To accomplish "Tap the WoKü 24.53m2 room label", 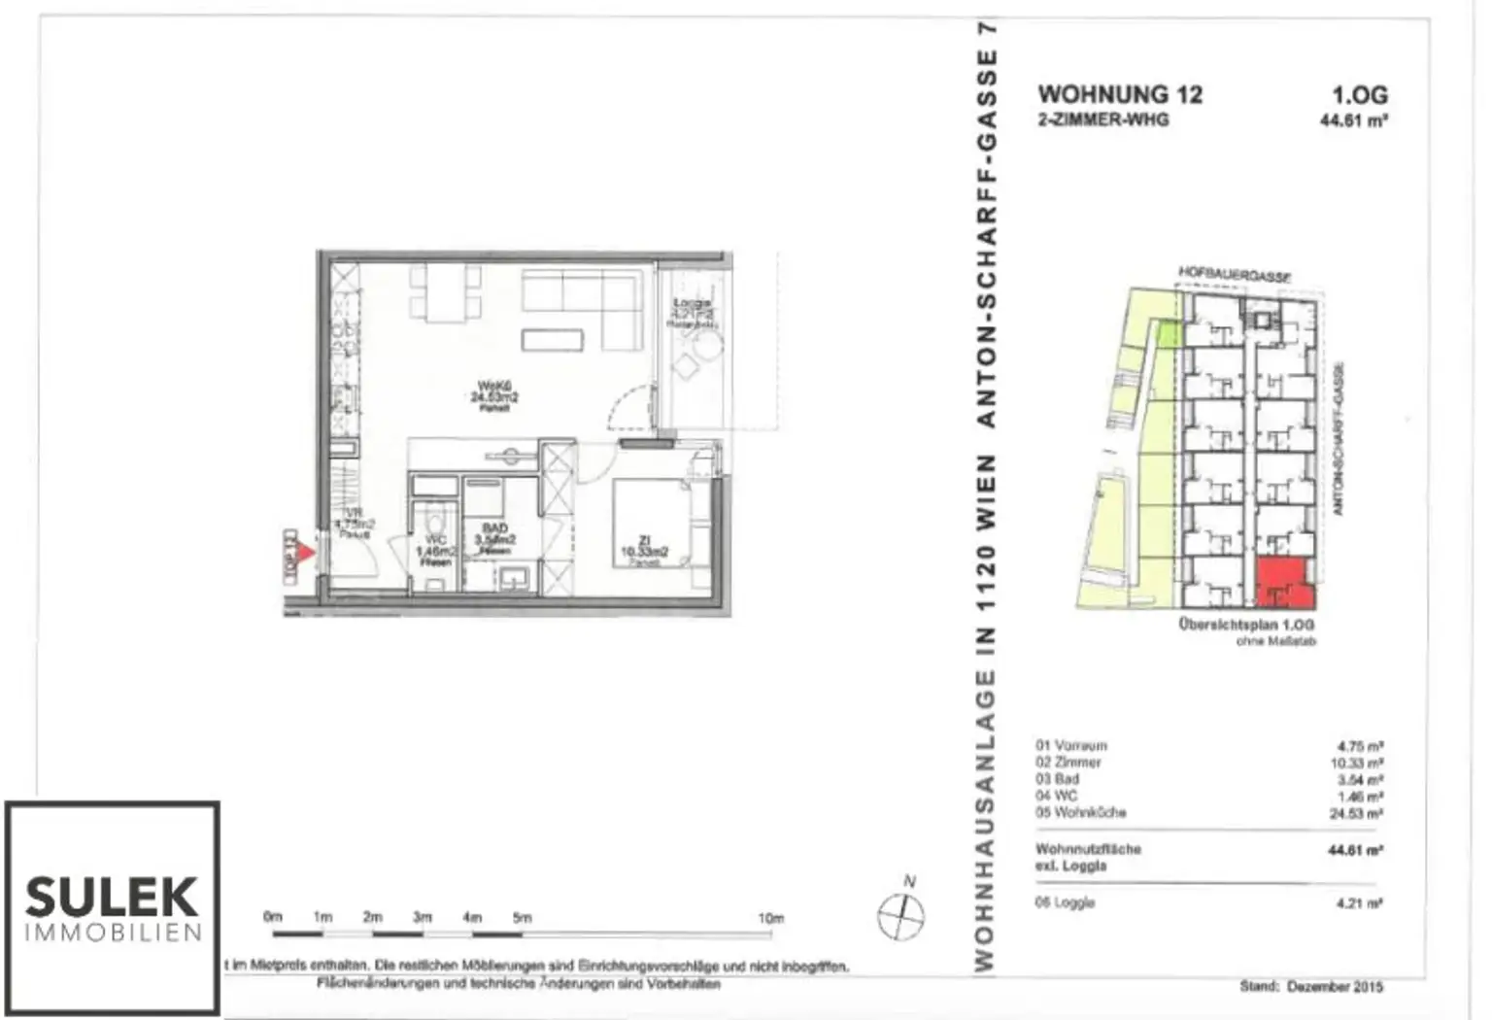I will point(494,392).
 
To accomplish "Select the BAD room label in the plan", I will point(494,529).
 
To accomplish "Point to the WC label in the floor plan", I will point(435,540).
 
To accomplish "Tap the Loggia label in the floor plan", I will point(692,305).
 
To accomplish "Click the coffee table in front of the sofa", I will point(552,339).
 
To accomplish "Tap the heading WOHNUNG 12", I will point(1120,95).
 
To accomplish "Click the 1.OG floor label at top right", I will point(1359,95).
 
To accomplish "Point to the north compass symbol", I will point(901,914).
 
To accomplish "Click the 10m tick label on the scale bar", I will point(770,918).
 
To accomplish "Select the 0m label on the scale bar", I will point(272,917).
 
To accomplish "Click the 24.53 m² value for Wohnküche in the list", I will point(1356,813).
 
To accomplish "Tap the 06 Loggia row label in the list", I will point(1065,902).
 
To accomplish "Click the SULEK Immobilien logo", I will point(113,907).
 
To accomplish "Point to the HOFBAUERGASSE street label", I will point(1235,275).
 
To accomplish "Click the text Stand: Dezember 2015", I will point(1311,986).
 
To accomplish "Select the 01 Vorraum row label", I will point(1070,746).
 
